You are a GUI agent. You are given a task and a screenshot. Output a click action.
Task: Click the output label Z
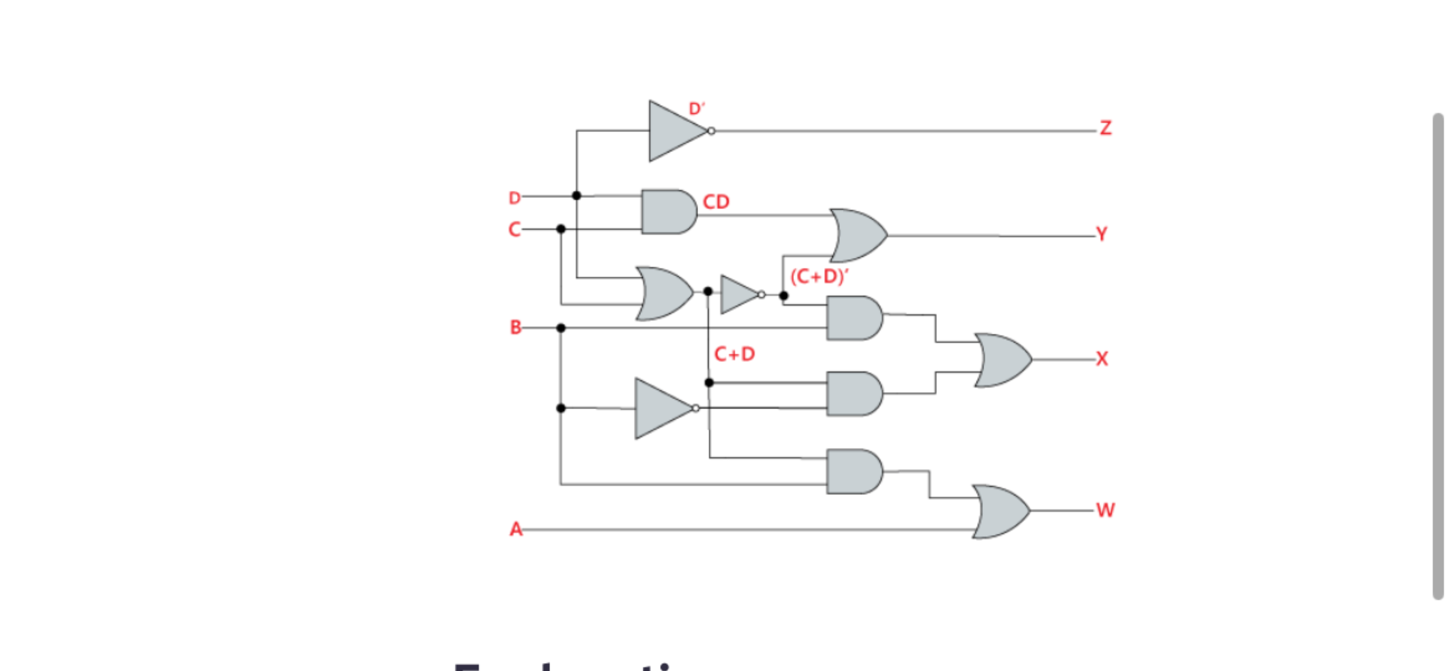click(1106, 128)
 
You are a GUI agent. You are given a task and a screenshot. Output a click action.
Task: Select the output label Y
click(1102, 234)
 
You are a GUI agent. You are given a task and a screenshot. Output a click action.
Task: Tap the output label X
click(1102, 359)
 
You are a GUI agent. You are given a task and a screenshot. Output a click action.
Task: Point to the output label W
click(1105, 510)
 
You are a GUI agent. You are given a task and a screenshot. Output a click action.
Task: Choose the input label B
click(515, 327)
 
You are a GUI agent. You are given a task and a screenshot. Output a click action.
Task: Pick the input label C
click(514, 229)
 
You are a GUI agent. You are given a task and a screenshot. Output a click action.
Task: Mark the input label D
click(514, 198)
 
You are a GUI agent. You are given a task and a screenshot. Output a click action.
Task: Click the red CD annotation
click(716, 202)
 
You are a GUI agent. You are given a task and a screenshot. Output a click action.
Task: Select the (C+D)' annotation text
click(819, 276)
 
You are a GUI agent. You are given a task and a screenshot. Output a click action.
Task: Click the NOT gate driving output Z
click(676, 131)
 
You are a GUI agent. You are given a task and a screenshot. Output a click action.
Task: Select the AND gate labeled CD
click(668, 212)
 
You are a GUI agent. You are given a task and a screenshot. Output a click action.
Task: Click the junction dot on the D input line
click(577, 196)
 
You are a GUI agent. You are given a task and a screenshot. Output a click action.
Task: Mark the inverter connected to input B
click(662, 408)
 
